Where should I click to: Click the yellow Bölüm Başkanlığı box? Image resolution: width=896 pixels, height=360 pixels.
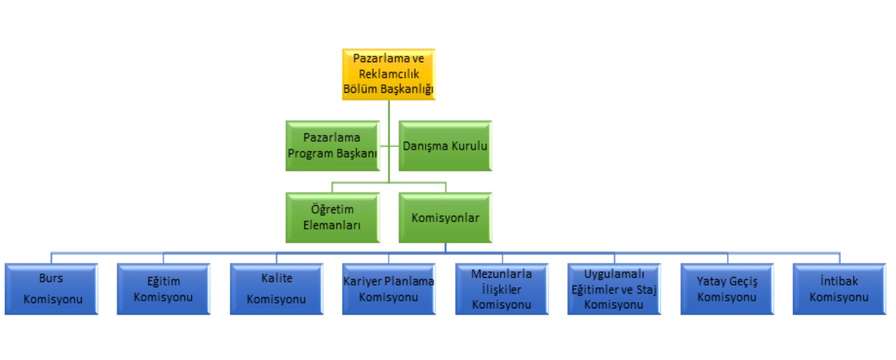pyautogui.click(x=389, y=73)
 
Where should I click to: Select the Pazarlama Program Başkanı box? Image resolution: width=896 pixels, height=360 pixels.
pyautogui.click(x=332, y=145)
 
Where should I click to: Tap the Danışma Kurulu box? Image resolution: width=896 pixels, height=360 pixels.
pyautogui.click(x=445, y=145)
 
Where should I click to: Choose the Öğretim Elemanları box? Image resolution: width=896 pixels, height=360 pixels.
pyautogui.click(x=332, y=217)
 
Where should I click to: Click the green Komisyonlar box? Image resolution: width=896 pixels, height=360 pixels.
pyautogui.click(x=445, y=217)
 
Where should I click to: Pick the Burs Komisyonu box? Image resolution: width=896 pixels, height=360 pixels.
pyautogui.click(x=51, y=288)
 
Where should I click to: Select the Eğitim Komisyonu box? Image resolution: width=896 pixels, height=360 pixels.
pyautogui.click(x=163, y=288)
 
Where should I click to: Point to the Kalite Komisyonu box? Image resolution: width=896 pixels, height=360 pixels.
pyautogui.click(x=276, y=288)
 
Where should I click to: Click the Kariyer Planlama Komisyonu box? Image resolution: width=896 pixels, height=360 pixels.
pyautogui.click(x=389, y=288)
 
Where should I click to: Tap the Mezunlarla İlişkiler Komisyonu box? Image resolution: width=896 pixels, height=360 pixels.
pyautogui.click(x=501, y=288)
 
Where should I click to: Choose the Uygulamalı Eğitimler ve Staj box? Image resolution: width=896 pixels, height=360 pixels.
pyautogui.click(x=614, y=288)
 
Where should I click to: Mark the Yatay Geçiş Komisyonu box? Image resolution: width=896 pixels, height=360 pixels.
pyautogui.click(x=727, y=288)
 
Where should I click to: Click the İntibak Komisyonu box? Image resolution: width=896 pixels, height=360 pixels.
pyautogui.click(x=839, y=288)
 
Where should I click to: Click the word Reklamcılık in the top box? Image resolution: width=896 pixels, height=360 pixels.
pyautogui.click(x=389, y=74)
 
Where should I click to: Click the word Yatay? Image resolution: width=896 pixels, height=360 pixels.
pyautogui.click(x=711, y=282)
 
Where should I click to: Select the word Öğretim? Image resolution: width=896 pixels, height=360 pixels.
pyautogui.click(x=332, y=209)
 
